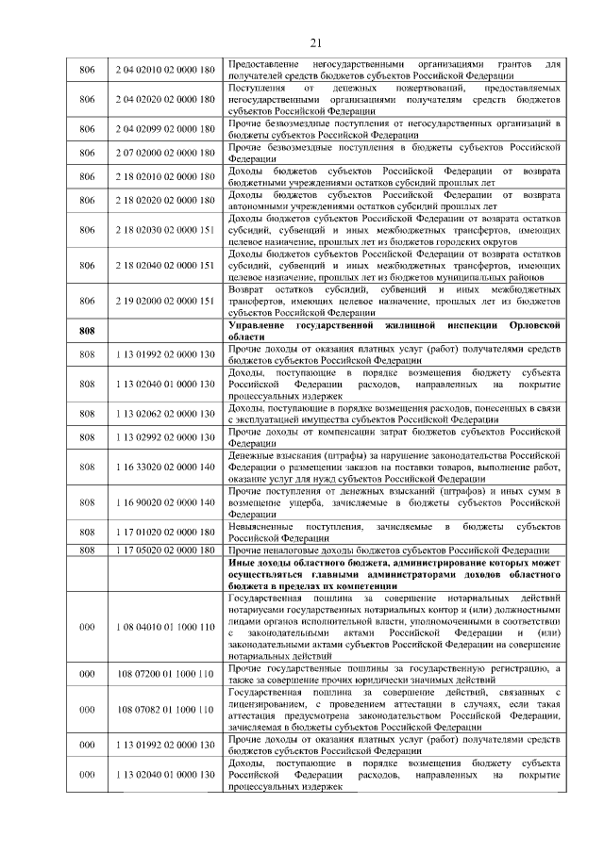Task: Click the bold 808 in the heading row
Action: pyautogui.click(x=87, y=331)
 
